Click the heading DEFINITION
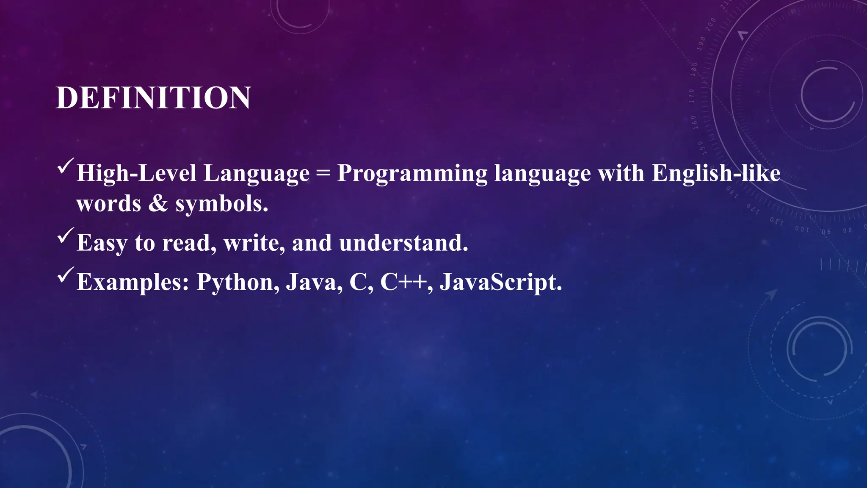pyautogui.click(x=153, y=98)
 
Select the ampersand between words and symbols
pyautogui.click(x=158, y=204)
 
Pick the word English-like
pyautogui.click(x=716, y=173)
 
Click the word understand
pyautogui.click(x=403, y=243)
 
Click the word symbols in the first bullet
pyautogui.click(x=221, y=204)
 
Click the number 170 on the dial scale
pyautogui.click(x=692, y=96)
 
